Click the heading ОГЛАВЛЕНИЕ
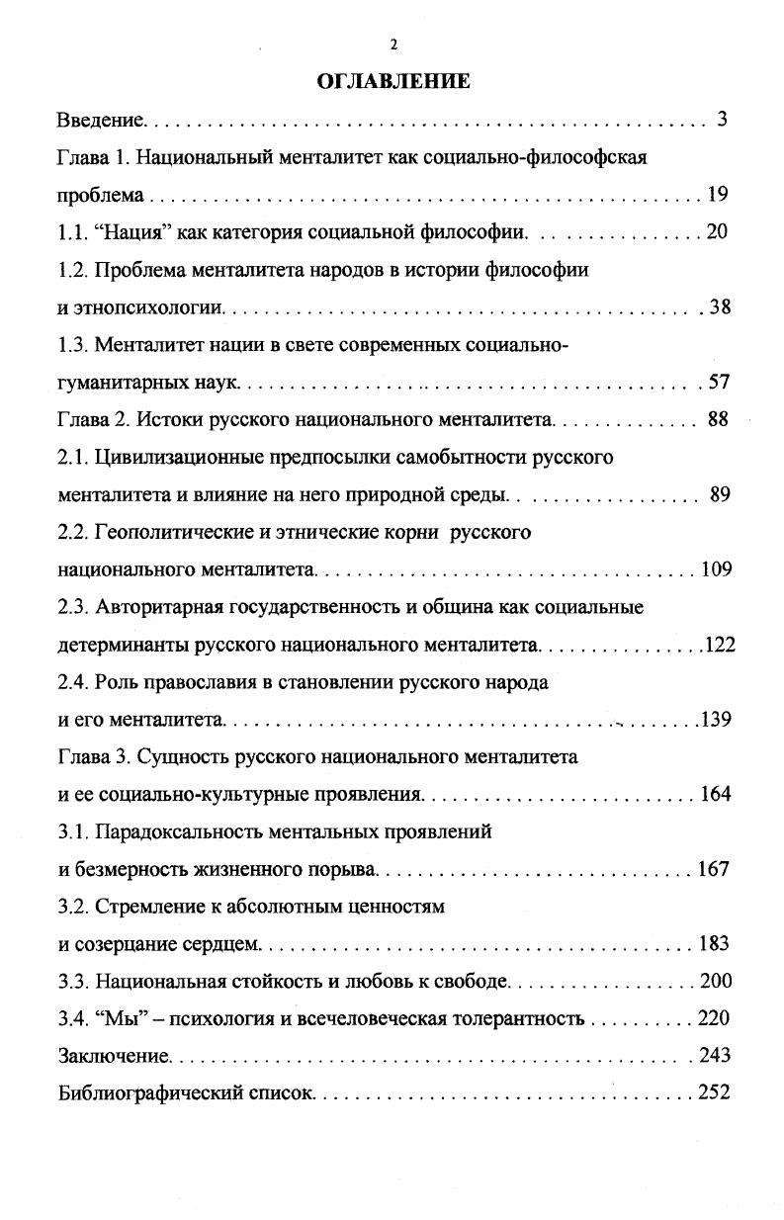click(x=393, y=82)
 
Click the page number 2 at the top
click(x=393, y=44)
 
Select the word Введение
click(x=101, y=121)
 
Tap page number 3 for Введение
click(x=722, y=121)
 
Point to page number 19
click(x=718, y=195)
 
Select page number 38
click(x=720, y=307)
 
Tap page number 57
click(x=719, y=383)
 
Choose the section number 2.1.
click(x=73, y=458)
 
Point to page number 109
click(x=715, y=569)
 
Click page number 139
click(x=716, y=720)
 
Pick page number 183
click(x=714, y=944)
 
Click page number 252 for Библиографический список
click(x=713, y=1093)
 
